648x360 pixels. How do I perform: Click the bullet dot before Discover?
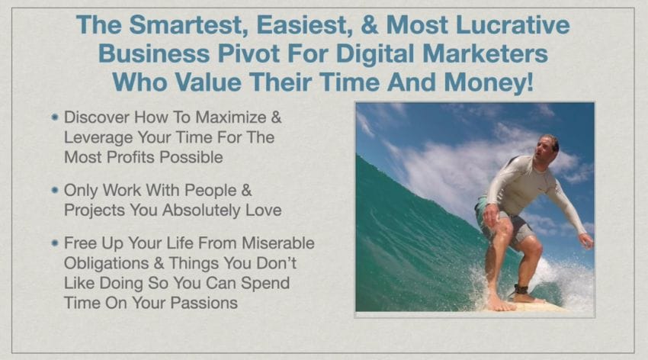point(55,118)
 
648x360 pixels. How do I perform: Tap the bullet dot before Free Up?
point(55,244)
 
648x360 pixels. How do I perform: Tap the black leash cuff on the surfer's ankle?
point(520,291)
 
